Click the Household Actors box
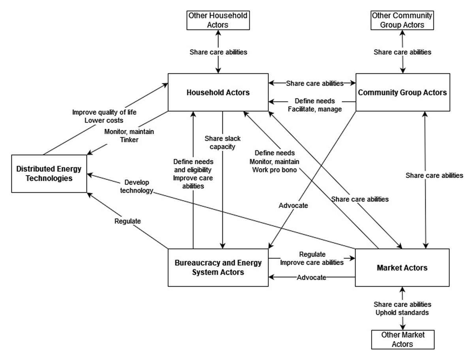pos(218,92)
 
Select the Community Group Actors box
pos(403,92)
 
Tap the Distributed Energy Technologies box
pos(49,174)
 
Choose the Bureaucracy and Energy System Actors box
pos(218,268)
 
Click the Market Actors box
pos(403,268)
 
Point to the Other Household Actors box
pos(218,20)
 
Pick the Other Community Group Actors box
pos(403,20)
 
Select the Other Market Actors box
pos(403,339)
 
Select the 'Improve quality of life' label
pos(104,112)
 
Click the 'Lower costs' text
pos(104,120)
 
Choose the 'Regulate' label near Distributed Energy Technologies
pos(127,221)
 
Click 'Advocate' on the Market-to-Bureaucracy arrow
pos(311,277)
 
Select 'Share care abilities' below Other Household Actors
pos(218,52)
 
